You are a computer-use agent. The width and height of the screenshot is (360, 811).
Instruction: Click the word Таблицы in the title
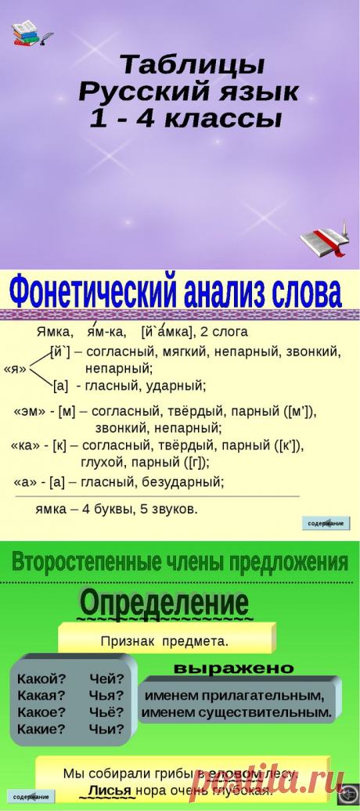[192, 63]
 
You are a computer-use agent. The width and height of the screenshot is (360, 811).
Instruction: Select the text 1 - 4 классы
[187, 119]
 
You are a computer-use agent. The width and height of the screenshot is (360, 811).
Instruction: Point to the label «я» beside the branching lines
[15, 369]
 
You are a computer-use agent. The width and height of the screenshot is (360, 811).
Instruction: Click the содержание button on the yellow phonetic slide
[326, 523]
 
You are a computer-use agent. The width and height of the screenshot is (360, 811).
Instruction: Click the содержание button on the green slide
[31, 797]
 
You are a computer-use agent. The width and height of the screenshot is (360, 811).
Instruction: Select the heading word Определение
[164, 604]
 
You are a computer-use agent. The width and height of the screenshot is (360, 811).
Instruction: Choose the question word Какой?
[41, 678]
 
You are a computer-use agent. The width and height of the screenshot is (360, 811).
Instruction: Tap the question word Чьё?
[106, 712]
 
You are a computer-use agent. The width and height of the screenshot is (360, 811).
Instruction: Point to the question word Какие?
[41, 729]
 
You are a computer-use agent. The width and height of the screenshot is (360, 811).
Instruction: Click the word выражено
[233, 669]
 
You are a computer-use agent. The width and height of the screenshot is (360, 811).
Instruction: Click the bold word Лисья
[110, 790]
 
